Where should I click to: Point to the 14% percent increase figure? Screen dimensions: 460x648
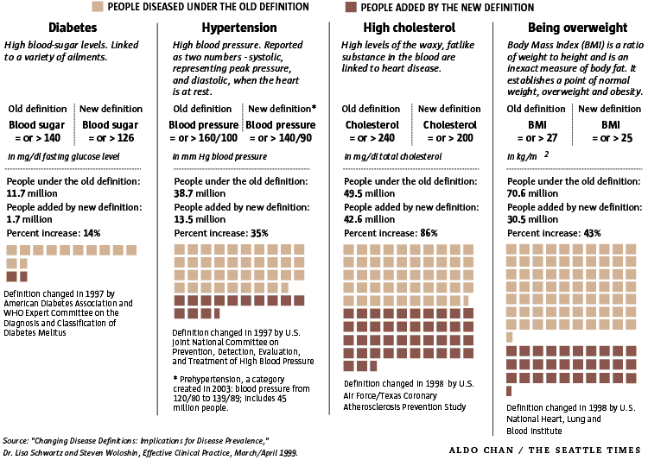[92, 233]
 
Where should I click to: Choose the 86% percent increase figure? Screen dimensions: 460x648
[429, 233]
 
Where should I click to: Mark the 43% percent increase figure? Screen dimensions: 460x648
[592, 233]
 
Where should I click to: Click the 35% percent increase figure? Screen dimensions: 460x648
[259, 233]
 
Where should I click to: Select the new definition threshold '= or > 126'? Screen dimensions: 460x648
[111, 138]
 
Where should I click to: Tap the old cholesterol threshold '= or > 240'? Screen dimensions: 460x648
[371, 138]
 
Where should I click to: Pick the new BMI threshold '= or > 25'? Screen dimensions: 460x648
[609, 138]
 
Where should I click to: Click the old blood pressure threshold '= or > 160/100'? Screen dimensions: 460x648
[203, 138]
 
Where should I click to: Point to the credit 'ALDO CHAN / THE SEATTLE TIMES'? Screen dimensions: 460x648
[545, 450]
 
